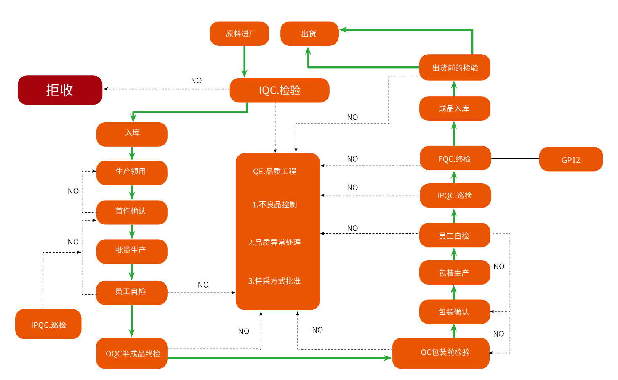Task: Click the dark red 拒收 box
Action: (x=60, y=90)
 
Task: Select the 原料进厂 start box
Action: (x=239, y=34)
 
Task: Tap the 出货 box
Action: (x=309, y=34)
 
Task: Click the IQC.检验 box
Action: (x=279, y=90)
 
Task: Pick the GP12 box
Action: (x=570, y=159)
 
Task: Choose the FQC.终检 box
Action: (x=455, y=158)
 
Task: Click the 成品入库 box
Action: (x=454, y=108)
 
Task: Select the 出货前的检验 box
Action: (x=455, y=67)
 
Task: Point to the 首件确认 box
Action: (x=131, y=211)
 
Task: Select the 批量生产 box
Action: (x=131, y=251)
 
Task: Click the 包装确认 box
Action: (x=454, y=311)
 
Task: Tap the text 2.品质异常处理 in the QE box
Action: (x=274, y=243)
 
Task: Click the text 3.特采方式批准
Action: (x=274, y=281)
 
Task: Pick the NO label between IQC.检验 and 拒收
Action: (x=196, y=81)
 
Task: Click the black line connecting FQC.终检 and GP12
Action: (x=515, y=158)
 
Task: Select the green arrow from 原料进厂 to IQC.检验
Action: (x=244, y=61)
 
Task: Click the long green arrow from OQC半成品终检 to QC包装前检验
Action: (x=278, y=358)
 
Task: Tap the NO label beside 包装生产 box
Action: (x=499, y=267)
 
